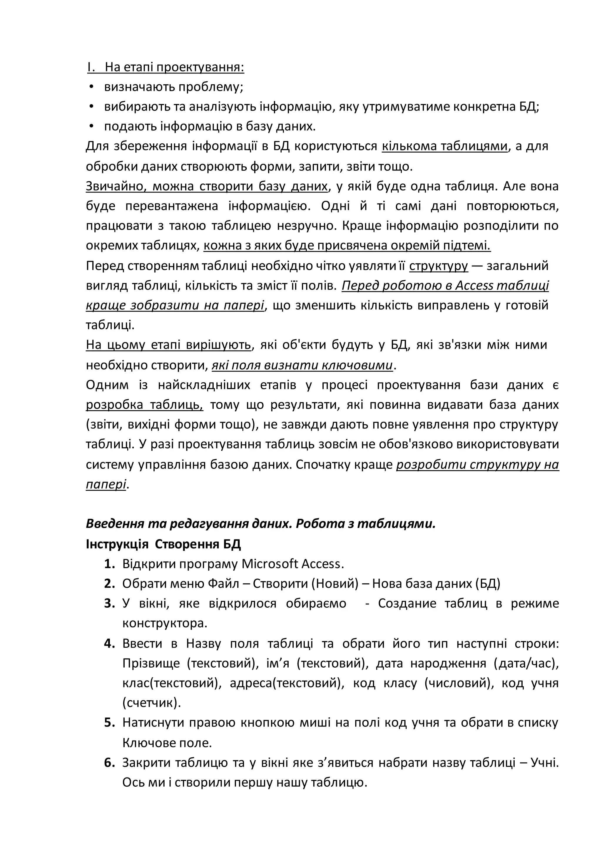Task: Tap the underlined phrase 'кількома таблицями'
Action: point(444,146)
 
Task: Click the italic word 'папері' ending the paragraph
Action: point(106,484)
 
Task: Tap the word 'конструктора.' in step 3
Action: point(165,624)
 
